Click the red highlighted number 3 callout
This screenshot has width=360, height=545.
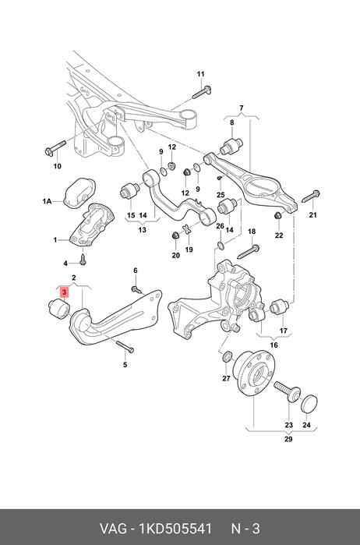[64, 292]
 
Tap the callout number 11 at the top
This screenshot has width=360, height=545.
[201, 74]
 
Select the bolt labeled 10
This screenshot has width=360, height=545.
[55, 147]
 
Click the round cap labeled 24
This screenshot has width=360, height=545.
[309, 403]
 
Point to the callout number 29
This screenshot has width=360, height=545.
[288, 439]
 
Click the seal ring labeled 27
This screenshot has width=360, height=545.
[226, 356]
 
